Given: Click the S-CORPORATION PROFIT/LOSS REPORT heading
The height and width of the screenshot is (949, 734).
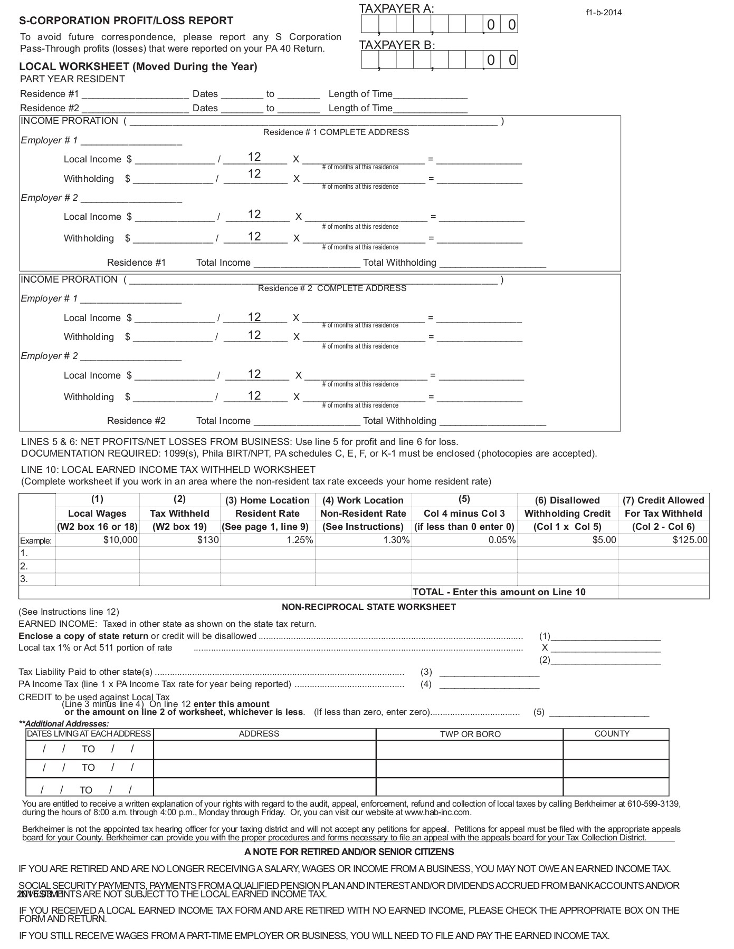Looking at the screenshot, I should [126, 21].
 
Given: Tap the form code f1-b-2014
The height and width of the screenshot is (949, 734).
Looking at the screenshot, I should [604, 13].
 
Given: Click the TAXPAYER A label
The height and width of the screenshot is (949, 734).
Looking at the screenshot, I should [396, 8].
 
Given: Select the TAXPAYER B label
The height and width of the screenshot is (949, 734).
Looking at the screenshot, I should [397, 45].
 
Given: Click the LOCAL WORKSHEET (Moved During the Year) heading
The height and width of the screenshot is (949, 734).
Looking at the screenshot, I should [138, 66].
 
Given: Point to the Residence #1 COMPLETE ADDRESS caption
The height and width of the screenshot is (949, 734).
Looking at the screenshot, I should [336, 132].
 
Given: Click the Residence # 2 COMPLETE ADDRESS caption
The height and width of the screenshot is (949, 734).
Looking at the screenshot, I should [332, 288].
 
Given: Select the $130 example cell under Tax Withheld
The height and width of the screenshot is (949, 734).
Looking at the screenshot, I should [208, 540].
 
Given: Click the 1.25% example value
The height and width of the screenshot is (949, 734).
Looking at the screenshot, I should [300, 540].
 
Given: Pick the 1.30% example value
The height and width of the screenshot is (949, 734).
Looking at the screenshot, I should [396, 540].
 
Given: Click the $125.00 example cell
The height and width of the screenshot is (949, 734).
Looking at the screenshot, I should [690, 540].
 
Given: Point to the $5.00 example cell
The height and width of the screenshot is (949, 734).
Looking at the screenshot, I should [604, 540].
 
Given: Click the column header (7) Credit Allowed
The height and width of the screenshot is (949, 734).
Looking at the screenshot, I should [663, 500].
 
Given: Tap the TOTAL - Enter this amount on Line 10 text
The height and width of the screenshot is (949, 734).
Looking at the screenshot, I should [499, 592].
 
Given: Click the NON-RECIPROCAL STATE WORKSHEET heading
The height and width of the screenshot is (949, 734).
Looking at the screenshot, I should [368, 607].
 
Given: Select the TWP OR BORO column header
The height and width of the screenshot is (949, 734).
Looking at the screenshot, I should [470, 734].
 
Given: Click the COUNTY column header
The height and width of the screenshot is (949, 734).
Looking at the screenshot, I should [612, 734].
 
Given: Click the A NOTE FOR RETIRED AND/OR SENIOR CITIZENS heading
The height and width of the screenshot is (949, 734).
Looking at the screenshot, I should [349, 852].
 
